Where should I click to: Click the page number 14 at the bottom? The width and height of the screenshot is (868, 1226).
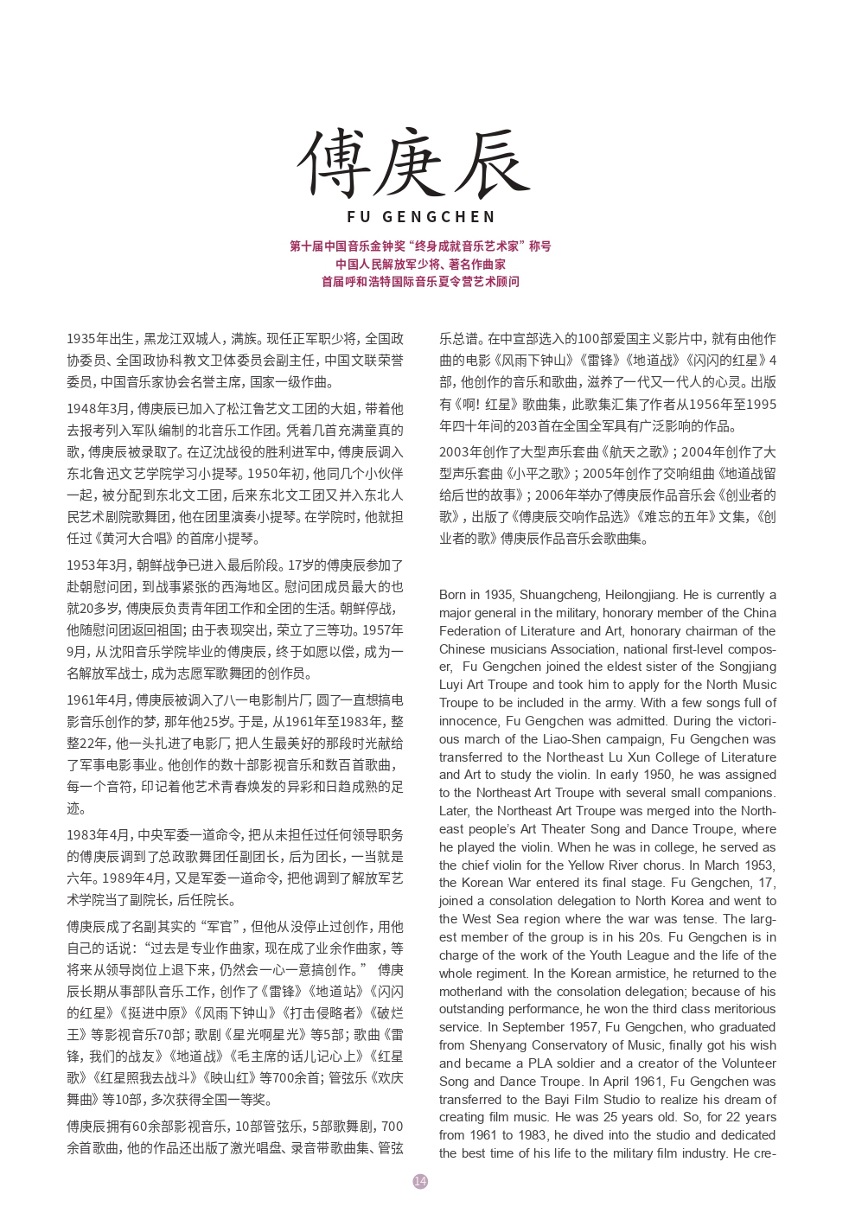(x=420, y=1181)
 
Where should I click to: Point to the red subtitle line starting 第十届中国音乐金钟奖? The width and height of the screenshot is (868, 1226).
(x=420, y=246)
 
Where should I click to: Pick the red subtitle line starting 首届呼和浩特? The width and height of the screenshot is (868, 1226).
(x=420, y=282)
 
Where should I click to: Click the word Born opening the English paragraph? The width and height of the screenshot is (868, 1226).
(x=452, y=595)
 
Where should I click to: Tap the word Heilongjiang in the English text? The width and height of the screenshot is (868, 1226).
(x=636, y=595)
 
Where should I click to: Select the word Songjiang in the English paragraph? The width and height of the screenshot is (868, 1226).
(x=748, y=667)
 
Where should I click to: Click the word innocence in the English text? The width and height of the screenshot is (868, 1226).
(x=467, y=721)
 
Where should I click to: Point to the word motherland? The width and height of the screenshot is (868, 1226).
(x=470, y=992)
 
